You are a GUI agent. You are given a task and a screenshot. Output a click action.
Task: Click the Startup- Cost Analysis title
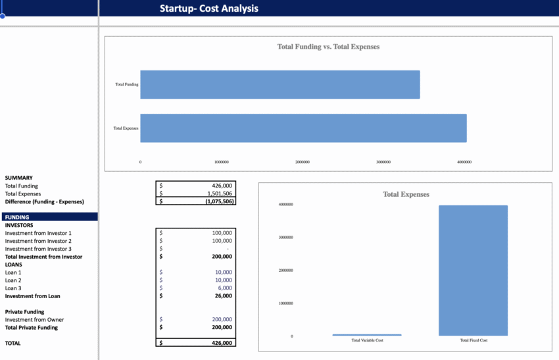point(208,9)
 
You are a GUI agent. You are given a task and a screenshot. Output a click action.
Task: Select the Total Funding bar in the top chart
point(279,84)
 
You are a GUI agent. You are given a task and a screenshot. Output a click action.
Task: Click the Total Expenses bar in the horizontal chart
point(303,128)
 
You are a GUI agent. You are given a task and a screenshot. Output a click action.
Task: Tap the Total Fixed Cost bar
point(473,270)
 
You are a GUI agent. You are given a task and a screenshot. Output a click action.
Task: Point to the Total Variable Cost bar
point(366,335)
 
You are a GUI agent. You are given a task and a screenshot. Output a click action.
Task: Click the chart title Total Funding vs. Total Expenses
point(328,47)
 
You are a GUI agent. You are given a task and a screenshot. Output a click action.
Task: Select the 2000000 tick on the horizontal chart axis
point(303,162)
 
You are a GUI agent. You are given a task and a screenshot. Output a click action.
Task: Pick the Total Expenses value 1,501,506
point(218,194)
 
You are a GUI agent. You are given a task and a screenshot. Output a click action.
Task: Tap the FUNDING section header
point(17,217)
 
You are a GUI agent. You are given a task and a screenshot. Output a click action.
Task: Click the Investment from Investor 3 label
point(38,249)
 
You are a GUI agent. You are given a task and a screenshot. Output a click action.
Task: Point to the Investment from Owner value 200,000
point(220,320)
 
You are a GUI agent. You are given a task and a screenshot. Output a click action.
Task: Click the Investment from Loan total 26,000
point(222,296)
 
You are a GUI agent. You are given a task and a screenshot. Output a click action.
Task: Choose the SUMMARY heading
point(18,178)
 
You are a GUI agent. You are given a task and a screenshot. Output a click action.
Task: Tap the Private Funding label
point(24,312)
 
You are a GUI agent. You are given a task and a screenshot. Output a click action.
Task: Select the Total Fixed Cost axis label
point(474,340)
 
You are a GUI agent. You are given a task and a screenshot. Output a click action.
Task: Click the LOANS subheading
point(14,265)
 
